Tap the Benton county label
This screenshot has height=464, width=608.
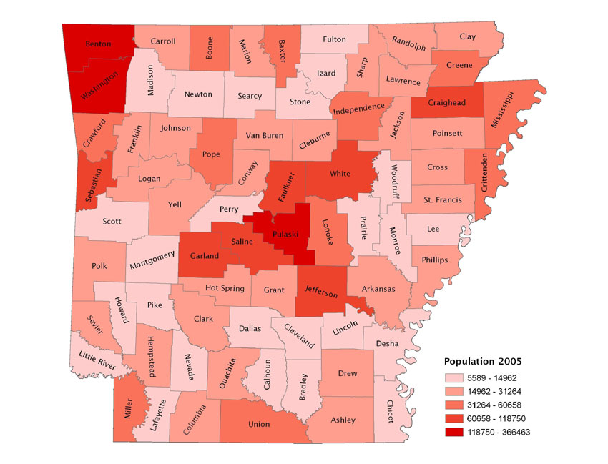[x=98, y=44]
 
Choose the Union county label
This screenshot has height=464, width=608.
[x=258, y=424]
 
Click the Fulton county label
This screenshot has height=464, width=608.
[x=334, y=39]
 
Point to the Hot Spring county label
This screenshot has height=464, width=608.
[x=225, y=288]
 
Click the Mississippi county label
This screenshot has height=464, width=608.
[x=502, y=110]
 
